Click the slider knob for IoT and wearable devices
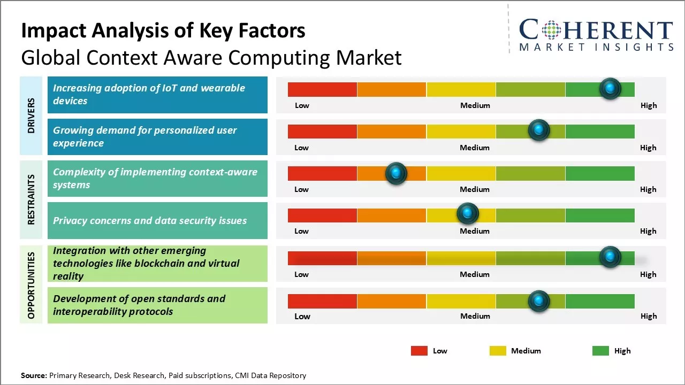[x=610, y=89]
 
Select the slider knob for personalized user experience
[x=539, y=130]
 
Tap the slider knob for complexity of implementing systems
[x=396, y=173]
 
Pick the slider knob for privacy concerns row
[x=468, y=214]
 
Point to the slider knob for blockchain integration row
[x=610, y=257]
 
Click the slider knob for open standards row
[x=539, y=302]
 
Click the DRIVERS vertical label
[x=31, y=115]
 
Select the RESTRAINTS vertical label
[x=31, y=199]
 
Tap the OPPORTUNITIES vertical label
[x=31, y=285]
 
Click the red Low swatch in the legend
[x=419, y=351]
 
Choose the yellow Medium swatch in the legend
[x=498, y=351]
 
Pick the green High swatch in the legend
[x=600, y=351]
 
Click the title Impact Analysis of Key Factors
[x=163, y=30]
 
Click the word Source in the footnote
[x=33, y=375]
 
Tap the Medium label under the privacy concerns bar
[x=475, y=231]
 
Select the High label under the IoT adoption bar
[x=648, y=105]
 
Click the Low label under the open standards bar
[x=302, y=316]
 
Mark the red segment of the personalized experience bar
[x=322, y=131]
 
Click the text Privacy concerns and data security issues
[x=150, y=220]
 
